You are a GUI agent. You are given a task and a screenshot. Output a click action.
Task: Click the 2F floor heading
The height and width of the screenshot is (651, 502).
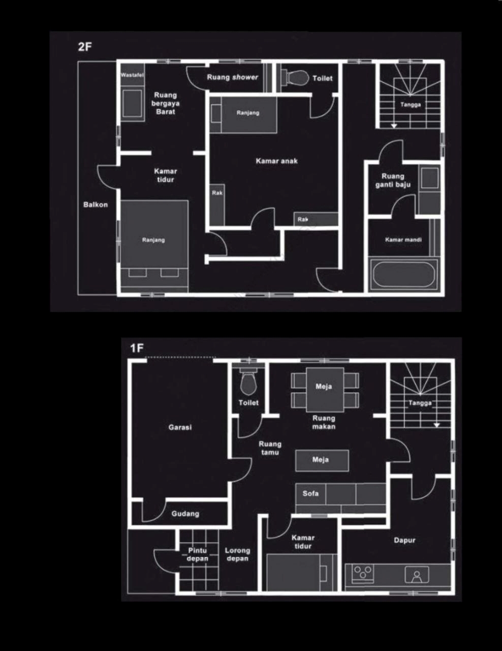point(85,47)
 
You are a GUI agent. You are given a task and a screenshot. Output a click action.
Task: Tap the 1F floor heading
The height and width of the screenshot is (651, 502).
point(137,348)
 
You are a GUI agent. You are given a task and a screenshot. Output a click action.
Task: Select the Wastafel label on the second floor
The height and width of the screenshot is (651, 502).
point(132,75)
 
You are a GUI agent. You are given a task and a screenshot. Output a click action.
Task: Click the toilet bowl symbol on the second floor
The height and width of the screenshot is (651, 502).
point(295,78)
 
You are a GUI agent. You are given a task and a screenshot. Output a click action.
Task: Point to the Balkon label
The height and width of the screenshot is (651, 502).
point(96,204)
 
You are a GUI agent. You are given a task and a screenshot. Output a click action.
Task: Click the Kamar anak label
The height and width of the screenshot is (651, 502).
point(277,161)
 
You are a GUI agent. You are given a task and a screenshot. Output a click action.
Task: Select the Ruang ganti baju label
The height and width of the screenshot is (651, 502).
point(393,181)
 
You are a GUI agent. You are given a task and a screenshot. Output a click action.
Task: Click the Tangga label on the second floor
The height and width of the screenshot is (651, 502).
point(411,105)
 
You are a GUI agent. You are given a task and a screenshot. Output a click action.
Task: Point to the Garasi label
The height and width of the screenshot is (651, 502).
point(180,427)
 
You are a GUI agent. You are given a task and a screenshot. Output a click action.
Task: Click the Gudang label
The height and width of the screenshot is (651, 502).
point(185,514)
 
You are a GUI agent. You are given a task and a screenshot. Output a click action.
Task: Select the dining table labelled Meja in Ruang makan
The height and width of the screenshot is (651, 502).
point(325,390)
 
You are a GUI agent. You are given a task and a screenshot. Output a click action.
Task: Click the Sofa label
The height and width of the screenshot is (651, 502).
point(310,493)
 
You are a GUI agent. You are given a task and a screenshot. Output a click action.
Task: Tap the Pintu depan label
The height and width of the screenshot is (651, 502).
point(198,554)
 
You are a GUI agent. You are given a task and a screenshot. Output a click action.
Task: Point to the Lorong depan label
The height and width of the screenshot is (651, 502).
point(238,554)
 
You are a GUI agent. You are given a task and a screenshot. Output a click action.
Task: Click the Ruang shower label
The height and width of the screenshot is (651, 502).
point(232,77)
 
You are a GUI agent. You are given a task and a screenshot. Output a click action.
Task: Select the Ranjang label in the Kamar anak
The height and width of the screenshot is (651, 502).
point(248,113)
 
